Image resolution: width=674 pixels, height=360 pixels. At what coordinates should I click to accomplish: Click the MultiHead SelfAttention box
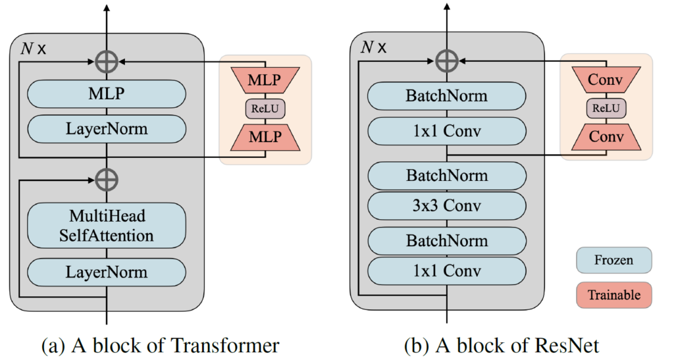pos(106,225)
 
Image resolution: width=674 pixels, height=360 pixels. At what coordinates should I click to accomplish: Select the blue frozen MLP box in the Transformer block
pos(106,94)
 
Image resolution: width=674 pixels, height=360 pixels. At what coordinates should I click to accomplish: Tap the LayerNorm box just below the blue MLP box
pos(106,128)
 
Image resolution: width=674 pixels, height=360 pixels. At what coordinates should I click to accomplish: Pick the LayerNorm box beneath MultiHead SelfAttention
pos(106,272)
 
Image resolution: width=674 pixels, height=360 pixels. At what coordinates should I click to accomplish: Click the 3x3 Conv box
pos(447,205)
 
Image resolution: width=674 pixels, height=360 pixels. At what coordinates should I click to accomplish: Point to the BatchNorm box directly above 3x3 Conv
pos(447,176)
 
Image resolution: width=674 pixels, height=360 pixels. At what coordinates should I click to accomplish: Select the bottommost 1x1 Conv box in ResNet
pos(447,270)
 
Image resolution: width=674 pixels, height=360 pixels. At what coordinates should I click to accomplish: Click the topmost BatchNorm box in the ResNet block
pos(447,96)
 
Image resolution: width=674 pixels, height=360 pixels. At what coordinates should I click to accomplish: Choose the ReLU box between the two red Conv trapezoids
pos(604,109)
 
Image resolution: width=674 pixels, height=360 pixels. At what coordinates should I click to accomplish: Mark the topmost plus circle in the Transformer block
pos(106,61)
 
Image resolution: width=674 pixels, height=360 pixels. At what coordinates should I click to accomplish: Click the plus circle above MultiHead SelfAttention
pos(106,178)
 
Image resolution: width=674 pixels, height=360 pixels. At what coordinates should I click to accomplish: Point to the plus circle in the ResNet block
pos(447,61)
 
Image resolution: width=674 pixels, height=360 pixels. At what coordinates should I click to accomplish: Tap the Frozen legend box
pos(613,260)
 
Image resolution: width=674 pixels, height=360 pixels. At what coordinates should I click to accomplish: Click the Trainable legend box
pos(613,296)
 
